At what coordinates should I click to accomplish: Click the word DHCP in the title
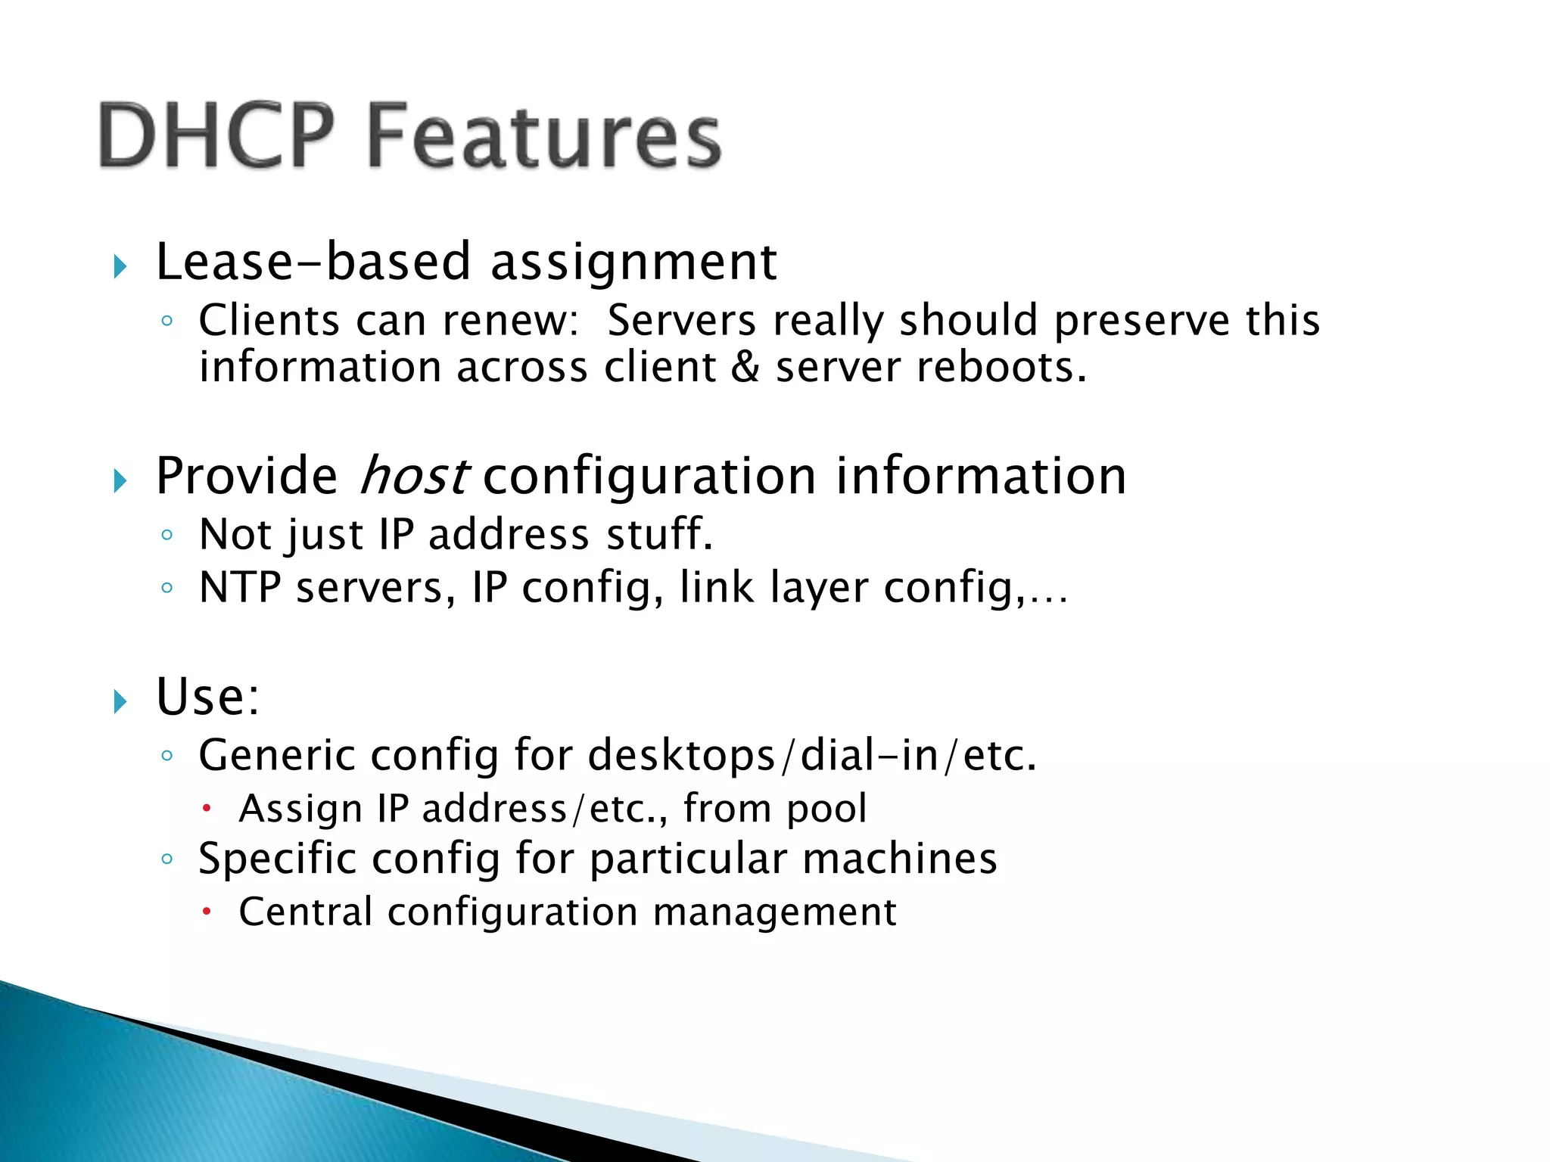coord(216,136)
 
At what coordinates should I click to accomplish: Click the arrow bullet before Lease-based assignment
coord(120,266)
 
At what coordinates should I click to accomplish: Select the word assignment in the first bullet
coord(633,263)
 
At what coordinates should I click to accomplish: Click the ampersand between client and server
coord(745,368)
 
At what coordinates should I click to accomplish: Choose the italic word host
coord(412,476)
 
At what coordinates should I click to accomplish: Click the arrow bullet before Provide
coord(120,480)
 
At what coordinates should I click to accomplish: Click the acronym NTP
coord(240,588)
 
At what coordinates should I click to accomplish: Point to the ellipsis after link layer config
coord(1049,598)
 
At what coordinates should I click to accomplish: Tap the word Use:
coord(207,697)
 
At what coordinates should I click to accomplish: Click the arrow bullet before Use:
coord(120,701)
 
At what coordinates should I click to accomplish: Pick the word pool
coord(826,809)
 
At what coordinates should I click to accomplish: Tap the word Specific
coord(277,859)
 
